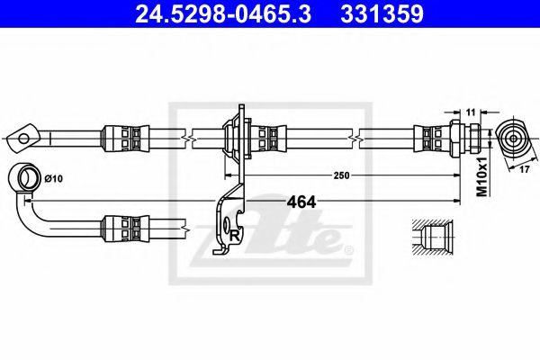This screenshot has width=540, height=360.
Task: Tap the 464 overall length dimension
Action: [301, 202]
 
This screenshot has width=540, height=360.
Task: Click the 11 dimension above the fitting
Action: [470, 111]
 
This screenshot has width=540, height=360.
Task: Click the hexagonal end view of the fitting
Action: [512, 138]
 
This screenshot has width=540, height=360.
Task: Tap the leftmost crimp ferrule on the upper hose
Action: [122, 138]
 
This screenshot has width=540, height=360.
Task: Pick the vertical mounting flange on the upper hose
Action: [238, 138]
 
